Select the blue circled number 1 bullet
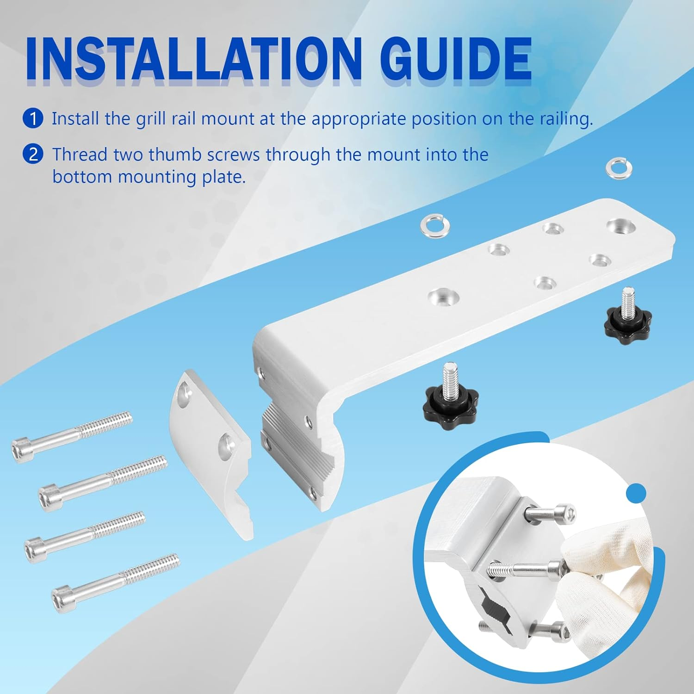[x=33, y=118]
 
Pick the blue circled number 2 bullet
[x=33, y=154]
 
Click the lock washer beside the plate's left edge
[x=433, y=224]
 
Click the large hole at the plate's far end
[x=620, y=227]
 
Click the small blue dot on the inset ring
[x=638, y=493]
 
